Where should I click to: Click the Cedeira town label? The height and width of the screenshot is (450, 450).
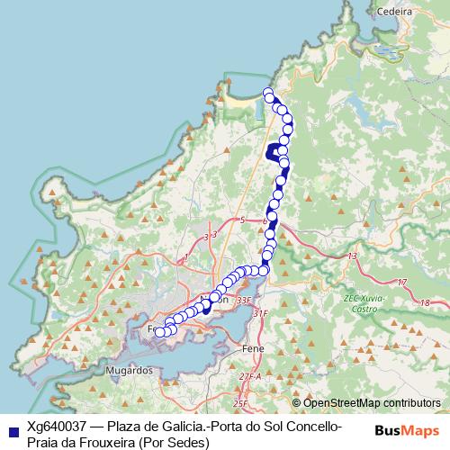tap(397, 14)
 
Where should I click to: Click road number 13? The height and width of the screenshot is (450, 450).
tap(353, 256)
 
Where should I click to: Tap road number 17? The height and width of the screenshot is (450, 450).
tap(400, 282)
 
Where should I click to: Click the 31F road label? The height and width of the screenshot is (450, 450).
tap(261, 312)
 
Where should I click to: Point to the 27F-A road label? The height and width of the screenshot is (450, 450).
tap(250, 376)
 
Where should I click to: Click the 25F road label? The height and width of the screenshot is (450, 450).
tap(239, 403)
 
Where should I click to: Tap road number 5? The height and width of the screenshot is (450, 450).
tap(242, 220)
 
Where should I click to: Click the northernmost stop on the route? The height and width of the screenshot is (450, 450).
tap(267, 93)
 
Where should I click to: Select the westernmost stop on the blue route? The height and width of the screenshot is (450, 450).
tap(160, 332)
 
